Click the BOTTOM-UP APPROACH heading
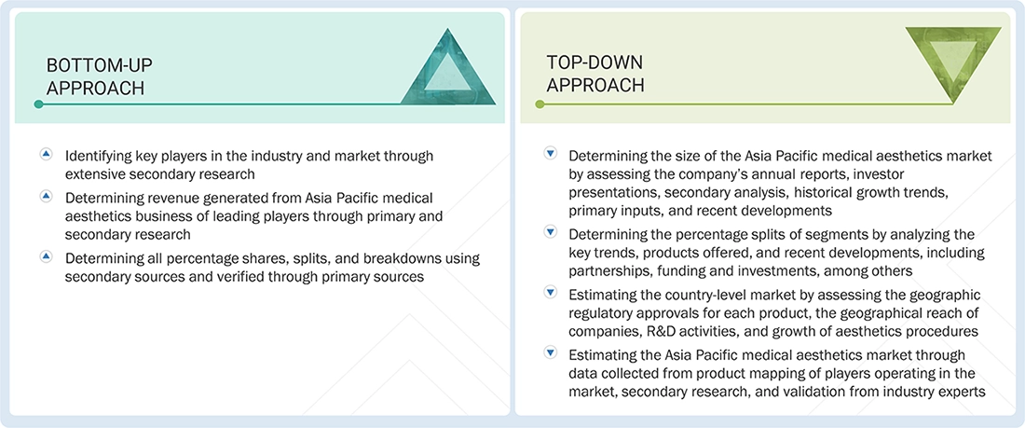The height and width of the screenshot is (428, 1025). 99,76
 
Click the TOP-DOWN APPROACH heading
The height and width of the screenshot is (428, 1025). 594,74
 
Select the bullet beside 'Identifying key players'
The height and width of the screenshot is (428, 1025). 46,155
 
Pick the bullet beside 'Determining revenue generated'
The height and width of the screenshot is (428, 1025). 46,196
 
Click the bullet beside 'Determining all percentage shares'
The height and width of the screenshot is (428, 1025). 46,256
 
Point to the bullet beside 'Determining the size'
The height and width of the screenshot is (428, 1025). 550,154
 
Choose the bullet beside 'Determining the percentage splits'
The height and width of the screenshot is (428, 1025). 550,233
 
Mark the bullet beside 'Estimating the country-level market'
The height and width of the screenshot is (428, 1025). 550,293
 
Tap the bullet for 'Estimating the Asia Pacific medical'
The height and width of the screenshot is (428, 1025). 550,353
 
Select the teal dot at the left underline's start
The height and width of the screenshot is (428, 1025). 38,104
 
